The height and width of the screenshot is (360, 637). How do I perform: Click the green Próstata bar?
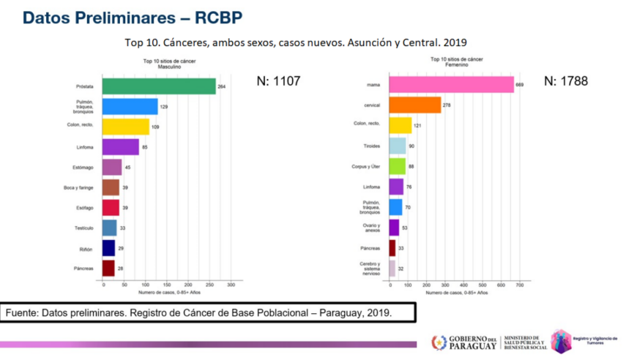click(159, 86)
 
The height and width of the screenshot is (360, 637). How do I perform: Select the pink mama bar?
click(451, 85)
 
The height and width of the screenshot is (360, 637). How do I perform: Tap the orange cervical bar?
click(414, 105)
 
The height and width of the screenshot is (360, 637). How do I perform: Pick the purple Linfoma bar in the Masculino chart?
click(121, 147)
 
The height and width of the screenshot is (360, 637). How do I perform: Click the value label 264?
click(222, 87)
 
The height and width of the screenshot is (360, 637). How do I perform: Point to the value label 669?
click(521, 86)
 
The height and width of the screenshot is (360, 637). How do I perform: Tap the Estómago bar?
click(112, 168)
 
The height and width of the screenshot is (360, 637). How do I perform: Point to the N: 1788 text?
click(566, 81)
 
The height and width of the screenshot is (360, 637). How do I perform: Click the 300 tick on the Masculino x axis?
click(230, 285)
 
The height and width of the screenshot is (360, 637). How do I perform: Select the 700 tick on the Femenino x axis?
click(519, 285)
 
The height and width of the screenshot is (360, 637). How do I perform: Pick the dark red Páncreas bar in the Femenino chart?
click(392, 248)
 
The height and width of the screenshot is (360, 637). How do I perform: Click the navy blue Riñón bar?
click(108, 249)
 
